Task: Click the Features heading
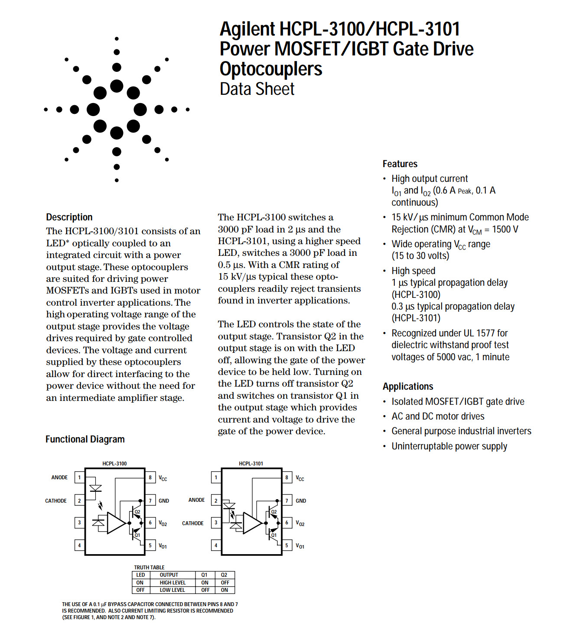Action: pyautogui.click(x=400, y=164)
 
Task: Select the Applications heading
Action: pyautogui.click(x=408, y=386)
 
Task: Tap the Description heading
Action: pyautogui.click(x=69, y=217)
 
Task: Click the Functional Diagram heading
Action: pyautogui.click(x=85, y=439)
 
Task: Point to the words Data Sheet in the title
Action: pyautogui.click(x=257, y=89)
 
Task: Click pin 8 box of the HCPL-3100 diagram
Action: pyautogui.click(x=150, y=478)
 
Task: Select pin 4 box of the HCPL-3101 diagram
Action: pyautogui.click(x=216, y=546)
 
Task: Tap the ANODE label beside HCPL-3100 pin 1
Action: pyautogui.click(x=59, y=478)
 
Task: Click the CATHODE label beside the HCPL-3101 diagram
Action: pyautogui.click(x=193, y=523)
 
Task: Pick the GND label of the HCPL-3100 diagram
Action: pyautogui.click(x=164, y=500)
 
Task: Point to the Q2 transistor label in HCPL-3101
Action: pyautogui.click(x=274, y=512)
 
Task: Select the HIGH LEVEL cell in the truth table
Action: pyautogui.click(x=172, y=583)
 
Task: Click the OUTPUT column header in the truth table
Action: pyautogui.click(x=169, y=575)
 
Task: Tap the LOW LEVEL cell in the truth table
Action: pyautogui.click(x=172, y=590)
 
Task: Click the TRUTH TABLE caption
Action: pyautogui.click(x=149, y=568)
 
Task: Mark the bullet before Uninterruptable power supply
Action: pyautogui.click(x=385, y=446)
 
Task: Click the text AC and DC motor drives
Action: pyautogui.click(x=438, y=416)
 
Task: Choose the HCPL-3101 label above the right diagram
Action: pyautogui.click(x=251, y=464)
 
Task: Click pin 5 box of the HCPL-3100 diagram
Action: pyautogui.click(x=150, y=546)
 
